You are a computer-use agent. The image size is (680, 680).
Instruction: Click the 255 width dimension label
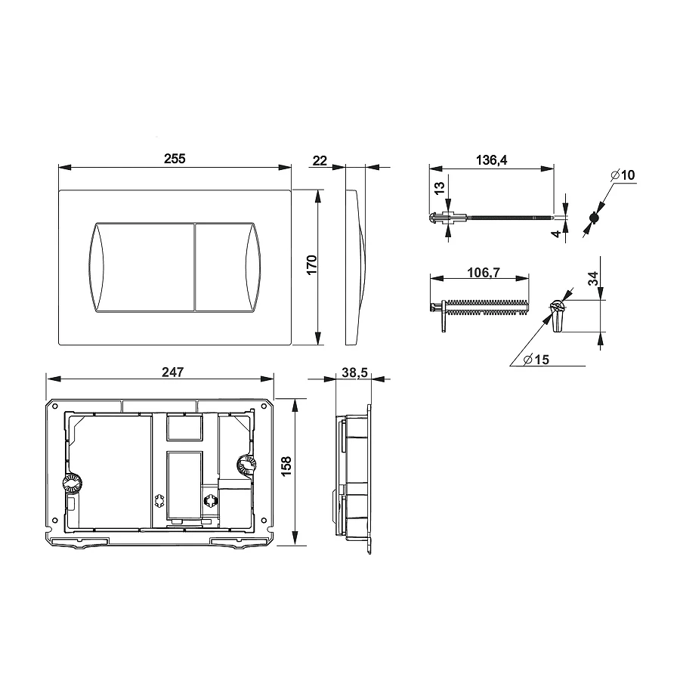click(x=175, y=159)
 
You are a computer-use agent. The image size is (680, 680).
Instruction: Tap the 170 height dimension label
click(x=312, y=264)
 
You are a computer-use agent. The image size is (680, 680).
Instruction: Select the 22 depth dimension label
click(x=320, y=161)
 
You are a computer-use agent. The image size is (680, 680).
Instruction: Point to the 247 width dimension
click(x=172, y=372)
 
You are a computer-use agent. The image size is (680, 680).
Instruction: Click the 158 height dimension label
click(x=286, y=467)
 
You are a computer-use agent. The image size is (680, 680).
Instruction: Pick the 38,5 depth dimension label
click(x=354, y=372)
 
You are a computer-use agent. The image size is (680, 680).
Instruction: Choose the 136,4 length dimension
click(x=491, y=160)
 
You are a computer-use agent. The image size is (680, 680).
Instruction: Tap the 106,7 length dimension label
click(x=484, y=272)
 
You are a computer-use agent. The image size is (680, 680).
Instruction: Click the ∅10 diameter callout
click(x=623, y=175)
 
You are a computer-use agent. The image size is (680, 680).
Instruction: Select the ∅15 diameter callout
click(x=536, y=360)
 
